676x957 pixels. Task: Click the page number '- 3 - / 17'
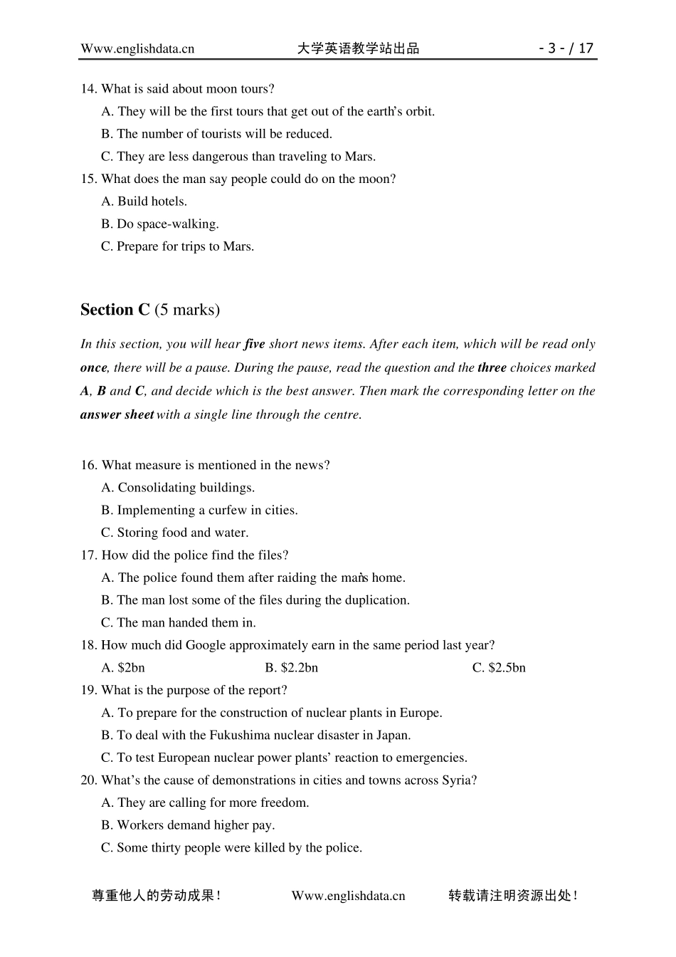pyautogui.click(x=566, y=48)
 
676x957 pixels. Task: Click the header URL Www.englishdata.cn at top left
pyautogui.click(x=137, y=48)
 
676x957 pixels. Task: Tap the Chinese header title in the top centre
pyautogui.click(x=358, y=48)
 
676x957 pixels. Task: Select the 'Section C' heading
pyautogui.click(x=115, y=310)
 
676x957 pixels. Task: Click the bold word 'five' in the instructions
pyautogui.click(x=254, y=344)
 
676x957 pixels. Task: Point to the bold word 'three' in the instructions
pyautogui.click(x=492, y=367)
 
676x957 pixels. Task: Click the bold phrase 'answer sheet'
pyautogui.click(x=117, y=414)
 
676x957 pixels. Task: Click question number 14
pyautogui.click(x=88, y=89)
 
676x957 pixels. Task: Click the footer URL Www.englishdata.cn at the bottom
pyautogui.click(x=348, y=896)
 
